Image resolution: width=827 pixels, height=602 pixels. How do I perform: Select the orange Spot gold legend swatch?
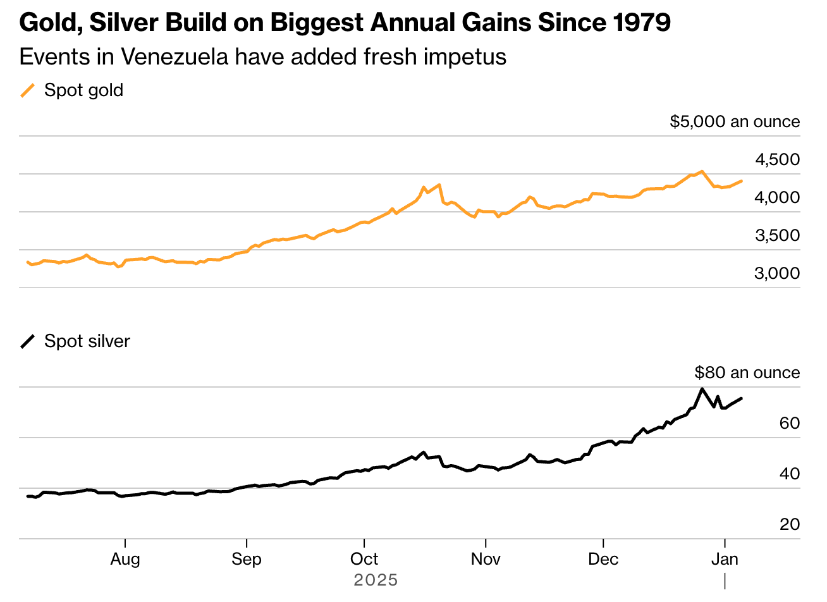point(28,90)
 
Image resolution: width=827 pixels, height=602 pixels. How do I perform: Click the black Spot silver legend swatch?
point(28,341)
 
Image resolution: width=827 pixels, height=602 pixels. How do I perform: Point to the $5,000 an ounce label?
point(734,121)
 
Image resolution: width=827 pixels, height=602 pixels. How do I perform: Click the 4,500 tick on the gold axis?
point(777,160)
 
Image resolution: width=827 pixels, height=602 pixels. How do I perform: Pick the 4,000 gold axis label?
point(777,198)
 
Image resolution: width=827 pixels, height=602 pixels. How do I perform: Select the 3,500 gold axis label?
point(777,236)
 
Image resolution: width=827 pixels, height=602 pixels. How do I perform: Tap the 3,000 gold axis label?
point(777,274)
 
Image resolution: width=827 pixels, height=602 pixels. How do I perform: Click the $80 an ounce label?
point(747,372)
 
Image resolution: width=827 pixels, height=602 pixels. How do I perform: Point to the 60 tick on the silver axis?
point(790,423)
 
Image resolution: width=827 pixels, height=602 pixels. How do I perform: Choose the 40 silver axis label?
point(790,474)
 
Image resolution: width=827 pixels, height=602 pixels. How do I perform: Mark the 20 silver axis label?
point(790,524)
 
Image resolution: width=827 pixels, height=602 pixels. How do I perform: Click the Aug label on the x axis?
point(125,559)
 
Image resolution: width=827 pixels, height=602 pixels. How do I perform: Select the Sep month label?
point(246,559)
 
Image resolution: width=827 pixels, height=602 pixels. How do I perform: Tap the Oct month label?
point(364,559)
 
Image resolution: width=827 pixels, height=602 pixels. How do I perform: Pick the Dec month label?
point(603,559)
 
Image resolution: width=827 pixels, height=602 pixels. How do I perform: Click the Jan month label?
point(725,559)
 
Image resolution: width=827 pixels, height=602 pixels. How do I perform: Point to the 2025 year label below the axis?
point(376,580)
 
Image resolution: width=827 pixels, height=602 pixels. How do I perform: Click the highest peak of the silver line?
point(702,388)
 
